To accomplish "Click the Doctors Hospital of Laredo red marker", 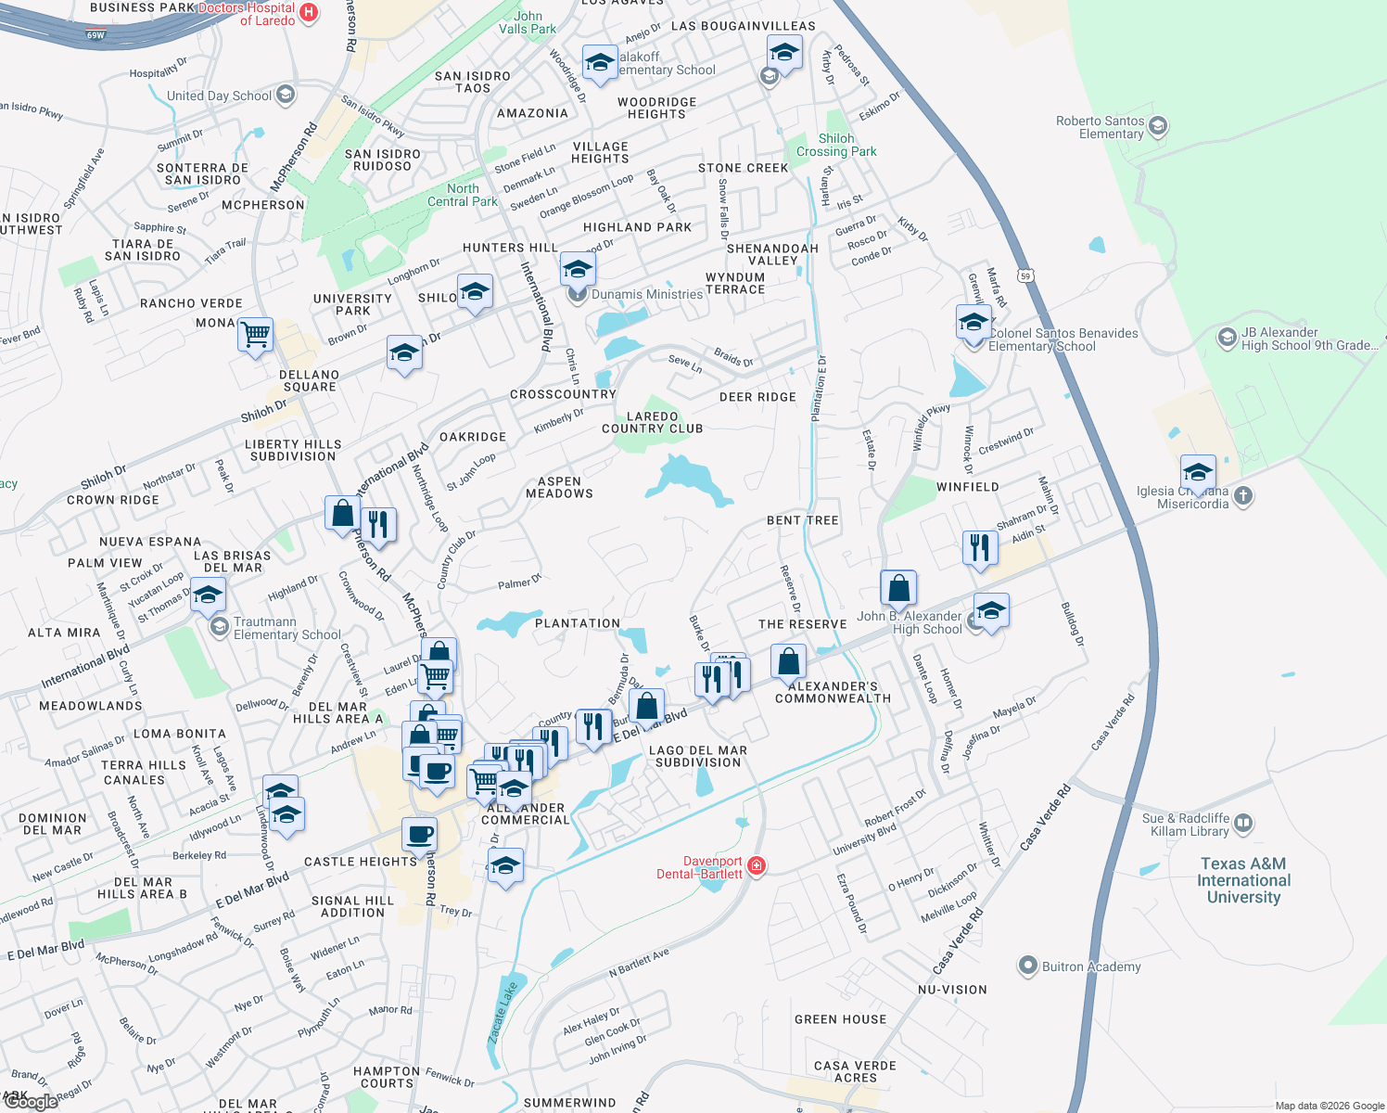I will (x=310, y=13).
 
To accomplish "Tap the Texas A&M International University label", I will (x=1243, y=880).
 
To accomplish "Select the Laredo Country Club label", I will (x=652, y=423).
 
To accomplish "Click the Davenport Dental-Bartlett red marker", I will (x=757, y=866).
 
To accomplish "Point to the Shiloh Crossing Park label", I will (x=835, y=146).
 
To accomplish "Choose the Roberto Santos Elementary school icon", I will (x=1158, y=126).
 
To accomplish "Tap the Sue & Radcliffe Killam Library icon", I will (x=1243, y=824).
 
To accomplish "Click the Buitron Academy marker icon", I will (x=1027, y=966).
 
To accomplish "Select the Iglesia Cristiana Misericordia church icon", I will (x=1243, y=496).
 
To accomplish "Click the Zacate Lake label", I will (x=503, y=1014).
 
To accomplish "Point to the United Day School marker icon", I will (x=286, y=95).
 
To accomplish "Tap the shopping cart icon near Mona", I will (x=255, y=334).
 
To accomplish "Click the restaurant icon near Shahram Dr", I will (x=980, y=547).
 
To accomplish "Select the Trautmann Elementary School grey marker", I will (x=220, y=628).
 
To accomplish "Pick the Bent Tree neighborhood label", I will (x=802, y=520).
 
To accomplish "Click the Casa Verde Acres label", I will (x=855, y=1072).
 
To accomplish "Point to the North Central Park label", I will (x=463, y=195).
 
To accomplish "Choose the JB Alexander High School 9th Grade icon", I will (x=1228, y=339).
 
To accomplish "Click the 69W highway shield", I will (x=95, y=35).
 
